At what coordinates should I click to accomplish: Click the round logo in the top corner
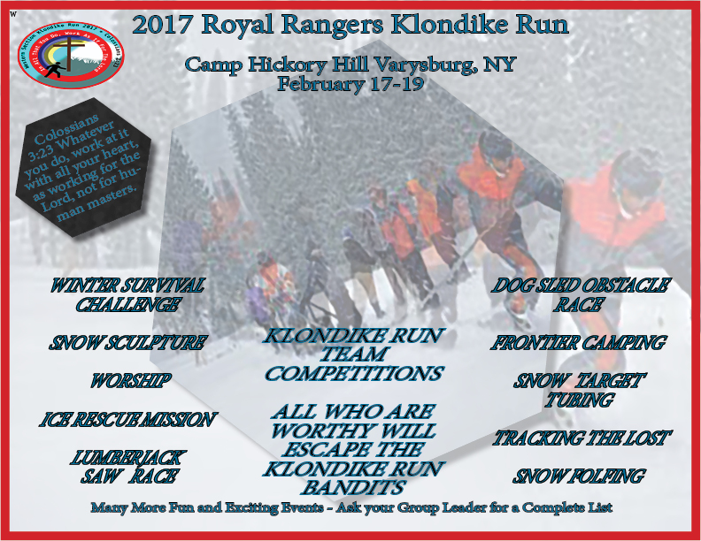pyautogui.click(x=73, y=59)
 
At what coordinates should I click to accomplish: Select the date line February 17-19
pyautogui.click(x=350, y=85)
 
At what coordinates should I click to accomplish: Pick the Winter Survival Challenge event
pyautogui.click(x=127, y=295)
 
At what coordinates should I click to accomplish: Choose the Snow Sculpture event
pyautogui.click(x=127, y=343)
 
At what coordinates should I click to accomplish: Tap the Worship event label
pyautogui.click(x=129, y=382)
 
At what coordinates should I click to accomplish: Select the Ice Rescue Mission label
pyautogui.click(x=127, y=420)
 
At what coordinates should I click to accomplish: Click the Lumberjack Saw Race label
pyautogui.click(x=127, y=467)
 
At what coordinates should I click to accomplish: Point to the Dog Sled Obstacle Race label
pyautogui.click(x=580, y=295)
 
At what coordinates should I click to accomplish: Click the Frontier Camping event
pyautogui.click(x=578, y=343)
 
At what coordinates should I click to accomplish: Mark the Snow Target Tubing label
pyautogui.click(x=580, y=390)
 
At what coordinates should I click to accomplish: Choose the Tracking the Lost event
pyautogui.click(x=582, y=438)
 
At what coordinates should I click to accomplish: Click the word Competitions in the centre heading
pyautogui.click(x=353, y=374)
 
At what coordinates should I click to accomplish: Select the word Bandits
pyautogui.click(x=353, y=487)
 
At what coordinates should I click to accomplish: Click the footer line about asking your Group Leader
pyautogui.click(x=350, y=508)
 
